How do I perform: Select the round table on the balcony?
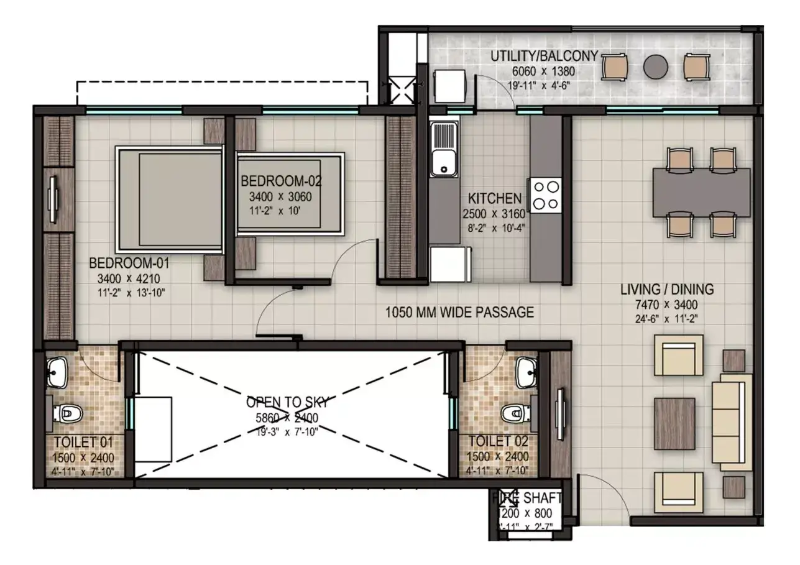(x=655, y=67)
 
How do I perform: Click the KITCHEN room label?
(x=495, y=199)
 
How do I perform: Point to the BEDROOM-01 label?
(x=129, y=262)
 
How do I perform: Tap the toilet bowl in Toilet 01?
(x=67, y=413)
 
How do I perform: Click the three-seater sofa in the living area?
(x=728, y=425)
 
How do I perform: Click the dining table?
(x=701, y=192)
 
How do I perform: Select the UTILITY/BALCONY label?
(x=544, y=56)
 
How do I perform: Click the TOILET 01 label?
(x=83, y=443)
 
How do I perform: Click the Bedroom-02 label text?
(x=280, y=181)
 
